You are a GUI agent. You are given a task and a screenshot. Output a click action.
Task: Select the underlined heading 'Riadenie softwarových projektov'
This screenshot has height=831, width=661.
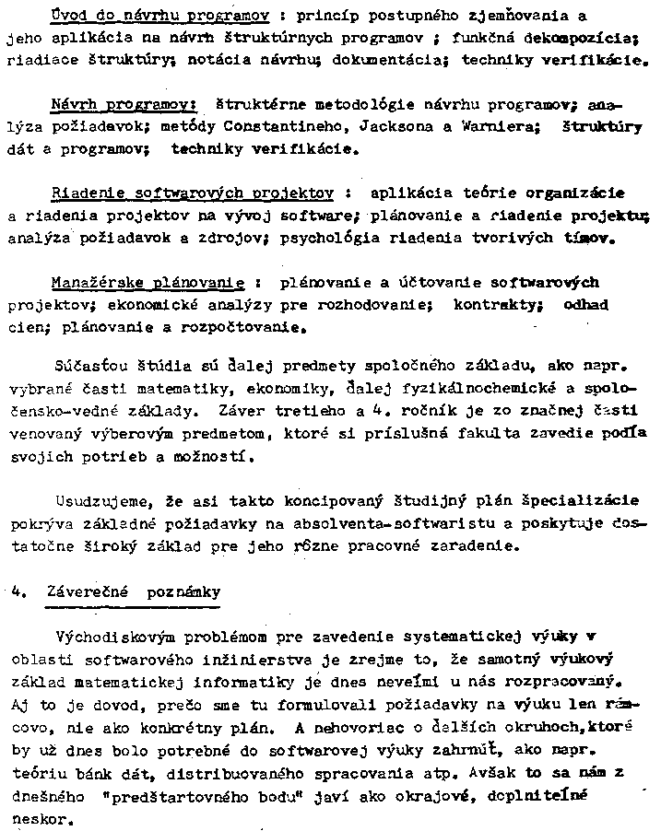point(192,193)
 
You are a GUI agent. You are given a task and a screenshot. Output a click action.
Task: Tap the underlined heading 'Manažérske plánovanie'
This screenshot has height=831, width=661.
point(148,282)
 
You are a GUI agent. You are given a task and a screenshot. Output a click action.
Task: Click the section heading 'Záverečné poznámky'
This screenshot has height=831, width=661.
point(133,592)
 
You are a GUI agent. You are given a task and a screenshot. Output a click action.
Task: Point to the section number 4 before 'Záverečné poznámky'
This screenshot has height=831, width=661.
point(18,592)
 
